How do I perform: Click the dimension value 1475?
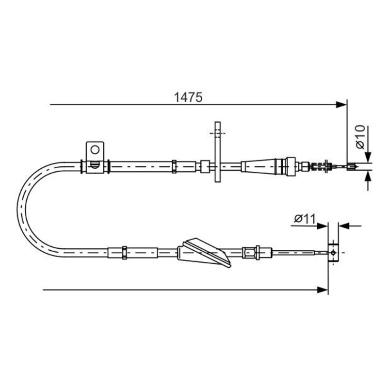pos(188,97)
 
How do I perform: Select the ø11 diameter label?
pos(304,219)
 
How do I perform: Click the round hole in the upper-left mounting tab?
pos(95,149)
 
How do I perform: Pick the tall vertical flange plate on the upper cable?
pos(217,152)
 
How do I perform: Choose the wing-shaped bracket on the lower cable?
pos(204,252)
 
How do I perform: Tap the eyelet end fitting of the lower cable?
pos(333,253)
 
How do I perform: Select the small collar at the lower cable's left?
pos(124,253)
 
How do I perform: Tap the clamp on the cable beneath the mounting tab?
pos(95,166)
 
